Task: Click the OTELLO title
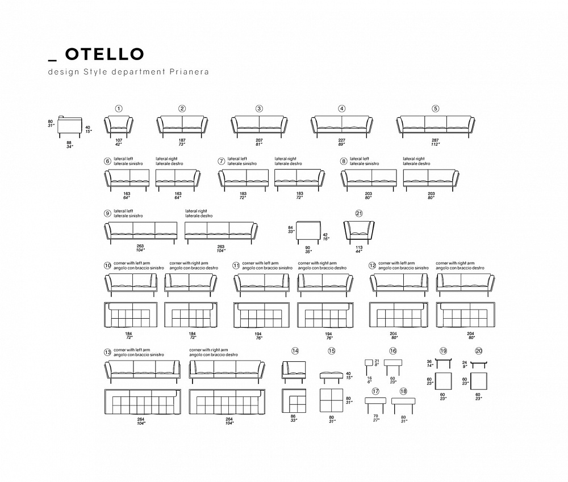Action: [x=104, y=54]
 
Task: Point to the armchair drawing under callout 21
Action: [x=358, y=232]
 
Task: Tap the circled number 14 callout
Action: [x=294, y=351]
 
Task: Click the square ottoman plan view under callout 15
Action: [x=332, y=400]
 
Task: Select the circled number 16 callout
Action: [x=392, y=351]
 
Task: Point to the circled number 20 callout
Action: [x=479, y=351]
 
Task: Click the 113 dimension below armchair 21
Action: [x=358, y=247]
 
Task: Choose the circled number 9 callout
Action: [x=107, y=213]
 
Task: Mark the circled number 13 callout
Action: [x=107, y=352]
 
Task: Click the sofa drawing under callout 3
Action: [x=258, y=125]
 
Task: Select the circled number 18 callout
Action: [x=403, y=391]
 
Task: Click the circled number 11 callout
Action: [x=236, y=265]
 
